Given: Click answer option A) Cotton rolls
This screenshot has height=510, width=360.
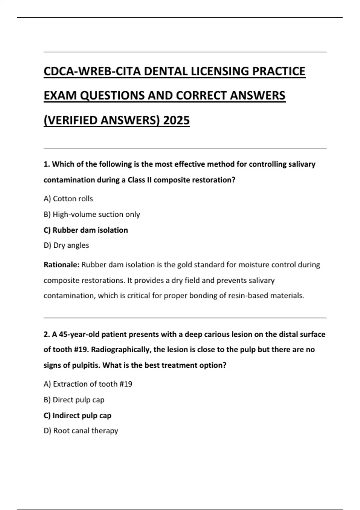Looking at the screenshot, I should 68,199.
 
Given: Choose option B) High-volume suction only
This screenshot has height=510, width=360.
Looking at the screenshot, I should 92,214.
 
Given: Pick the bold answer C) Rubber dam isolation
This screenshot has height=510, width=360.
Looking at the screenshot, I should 86,230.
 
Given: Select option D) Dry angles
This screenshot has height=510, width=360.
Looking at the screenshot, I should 66,245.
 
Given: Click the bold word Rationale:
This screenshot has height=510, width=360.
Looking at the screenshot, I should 61,265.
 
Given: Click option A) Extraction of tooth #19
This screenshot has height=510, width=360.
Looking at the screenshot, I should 88,384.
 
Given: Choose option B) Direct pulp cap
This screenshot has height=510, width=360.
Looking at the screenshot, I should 74,400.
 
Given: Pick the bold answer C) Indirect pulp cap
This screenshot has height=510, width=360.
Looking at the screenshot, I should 77,415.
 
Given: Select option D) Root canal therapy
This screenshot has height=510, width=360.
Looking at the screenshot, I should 81,431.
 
